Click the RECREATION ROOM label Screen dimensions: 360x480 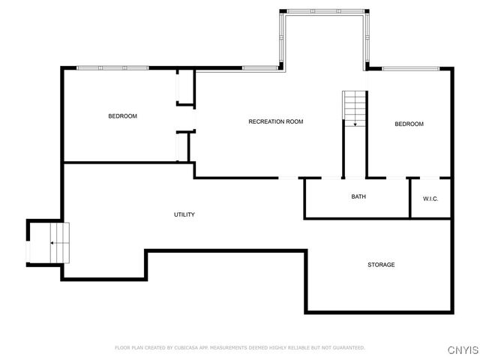[276, 121]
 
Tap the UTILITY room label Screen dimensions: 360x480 [184, 214]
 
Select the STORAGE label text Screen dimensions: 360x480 [381, 265]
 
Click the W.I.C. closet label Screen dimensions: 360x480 [430, 199]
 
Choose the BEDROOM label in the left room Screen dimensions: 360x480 [123, 116]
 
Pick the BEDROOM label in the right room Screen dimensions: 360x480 [409, 124]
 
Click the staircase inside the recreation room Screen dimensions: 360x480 [354, 107]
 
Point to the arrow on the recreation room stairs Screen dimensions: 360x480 [355, 123]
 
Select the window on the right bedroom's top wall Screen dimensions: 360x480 [410, 68]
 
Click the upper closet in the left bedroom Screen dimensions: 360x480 [183, 88]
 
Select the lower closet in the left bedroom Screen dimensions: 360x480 [183, 147]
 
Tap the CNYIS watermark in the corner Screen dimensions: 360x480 [462, 350]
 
